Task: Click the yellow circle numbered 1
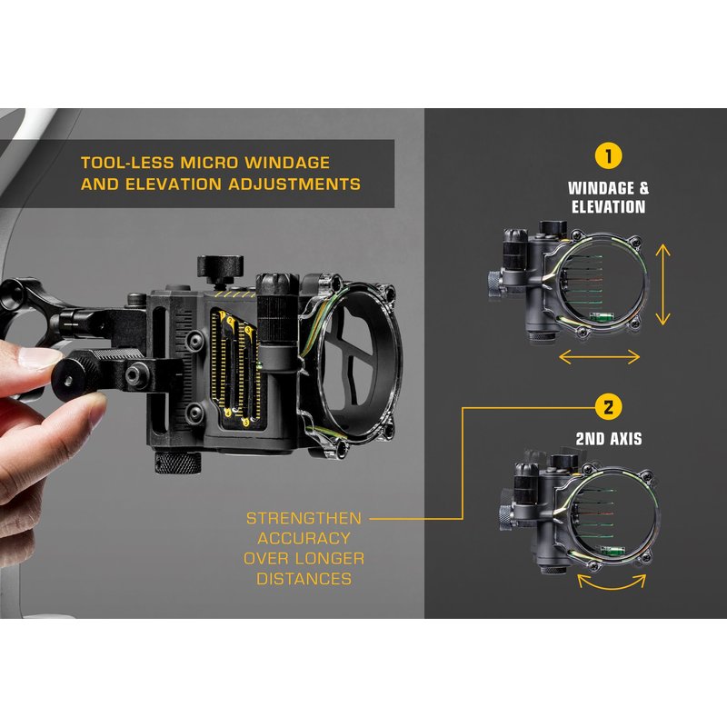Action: pos(608,156)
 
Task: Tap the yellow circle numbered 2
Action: pos(608,407)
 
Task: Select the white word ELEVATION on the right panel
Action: pos(608,207)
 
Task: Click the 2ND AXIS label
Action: pos(609,439)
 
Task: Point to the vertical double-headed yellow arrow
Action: pos(663,284)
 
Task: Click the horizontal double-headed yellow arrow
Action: pos(600,356)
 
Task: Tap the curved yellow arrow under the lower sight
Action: pos(612,585)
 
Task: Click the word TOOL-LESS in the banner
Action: pos(127,163)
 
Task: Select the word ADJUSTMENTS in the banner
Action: pos(294,184)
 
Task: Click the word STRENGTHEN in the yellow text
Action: pos(304,518)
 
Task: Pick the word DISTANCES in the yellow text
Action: pos(304,579)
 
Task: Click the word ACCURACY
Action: pos(304,538)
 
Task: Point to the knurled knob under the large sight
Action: pos(177,462)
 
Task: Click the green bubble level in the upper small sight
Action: pos(601,316)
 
